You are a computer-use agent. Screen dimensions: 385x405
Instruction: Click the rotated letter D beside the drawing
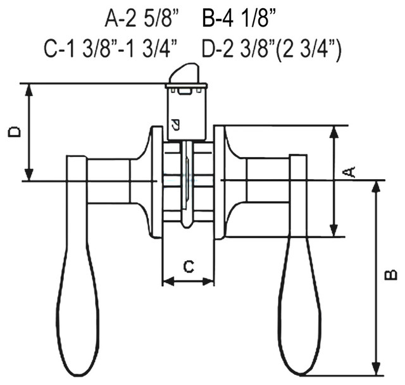[15, 131]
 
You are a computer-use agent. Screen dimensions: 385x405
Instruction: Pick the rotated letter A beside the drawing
[349, 171]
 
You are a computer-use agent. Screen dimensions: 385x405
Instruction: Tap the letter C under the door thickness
[188, 267]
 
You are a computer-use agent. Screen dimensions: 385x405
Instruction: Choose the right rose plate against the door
[220, 182]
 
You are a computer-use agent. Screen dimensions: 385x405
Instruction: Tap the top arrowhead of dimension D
[28, 89]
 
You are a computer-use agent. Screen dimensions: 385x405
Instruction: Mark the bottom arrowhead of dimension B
[376, 369]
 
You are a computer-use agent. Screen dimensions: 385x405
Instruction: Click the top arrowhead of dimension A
[335, 131]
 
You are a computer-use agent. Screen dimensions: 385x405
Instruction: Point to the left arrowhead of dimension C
[167, 281]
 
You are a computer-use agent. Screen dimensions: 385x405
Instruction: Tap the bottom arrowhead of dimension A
[335, 232]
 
